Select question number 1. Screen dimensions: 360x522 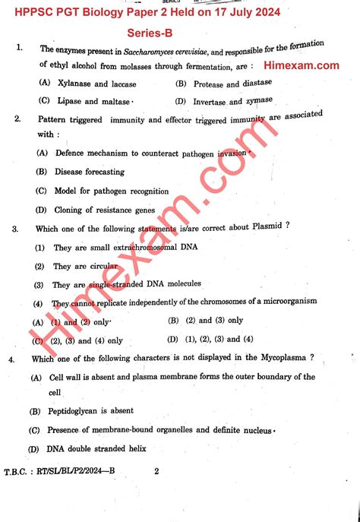tap(17, 47)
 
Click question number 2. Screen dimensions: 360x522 tap(17, 119)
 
